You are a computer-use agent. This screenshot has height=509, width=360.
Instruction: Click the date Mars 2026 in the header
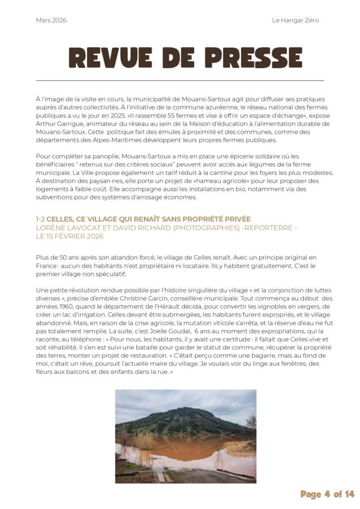(51, 20)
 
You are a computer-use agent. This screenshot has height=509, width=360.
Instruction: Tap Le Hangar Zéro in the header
(295, 20)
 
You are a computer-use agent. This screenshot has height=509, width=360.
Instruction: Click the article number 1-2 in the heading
(40, 219)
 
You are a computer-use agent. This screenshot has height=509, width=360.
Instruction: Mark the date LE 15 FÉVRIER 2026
(70, 236)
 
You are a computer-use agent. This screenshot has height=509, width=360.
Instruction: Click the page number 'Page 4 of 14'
(327, 494)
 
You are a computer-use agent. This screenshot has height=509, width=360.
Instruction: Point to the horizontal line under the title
(180, 80)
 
